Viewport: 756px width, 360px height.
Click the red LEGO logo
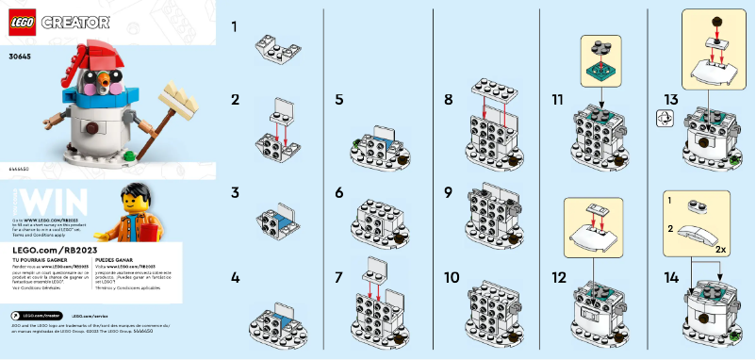pyautogui.click(x=22, y=20)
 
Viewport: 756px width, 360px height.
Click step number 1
pyautogui.click(x=235, y=27)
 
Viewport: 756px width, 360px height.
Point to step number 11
pyautogui.click(x=558, y=99)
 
